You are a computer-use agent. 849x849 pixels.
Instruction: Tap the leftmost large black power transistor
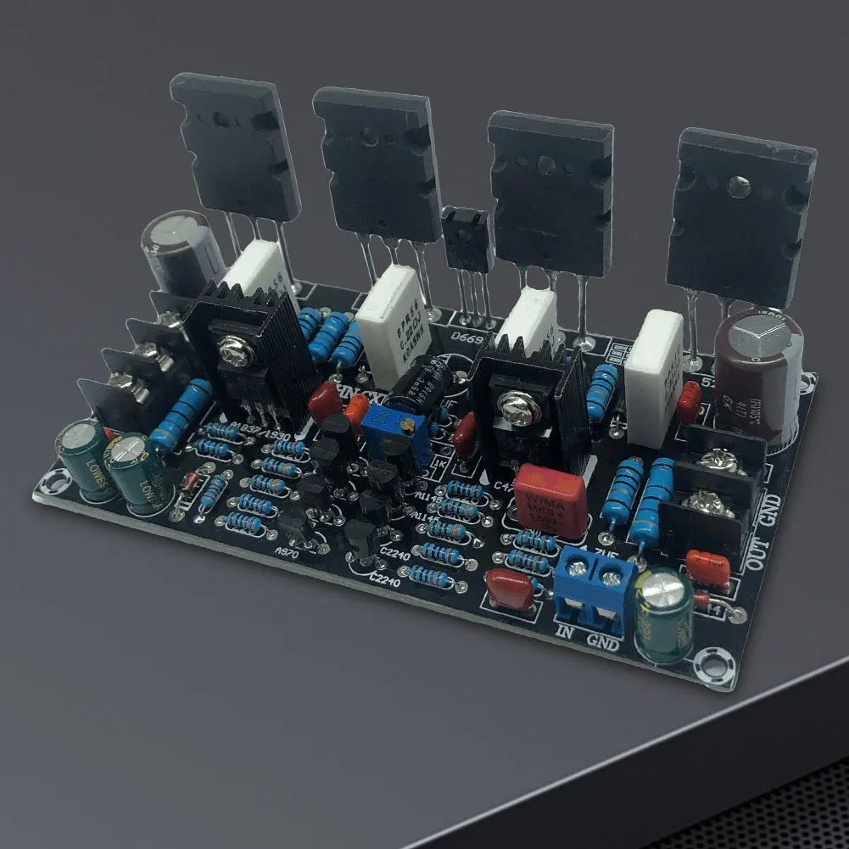235,145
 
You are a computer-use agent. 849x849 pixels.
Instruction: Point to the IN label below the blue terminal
567,630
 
